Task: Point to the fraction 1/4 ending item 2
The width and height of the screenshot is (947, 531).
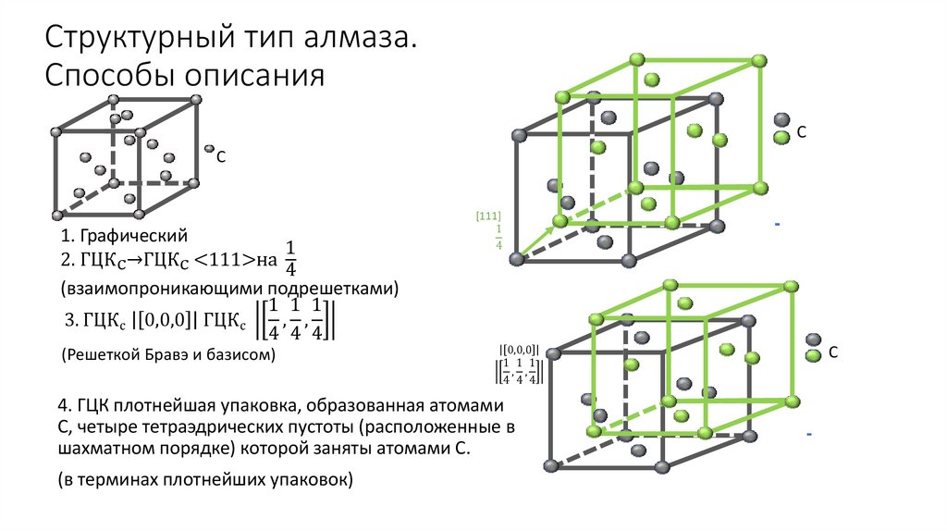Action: (x=290, y=260)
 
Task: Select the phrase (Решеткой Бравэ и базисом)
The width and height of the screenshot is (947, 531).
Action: (x=169, y=355)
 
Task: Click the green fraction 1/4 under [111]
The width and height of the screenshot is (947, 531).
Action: (x=498, y=237)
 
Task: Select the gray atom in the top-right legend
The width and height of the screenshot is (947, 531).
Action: (x=781, y=120)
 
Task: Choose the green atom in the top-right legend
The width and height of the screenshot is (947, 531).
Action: (x=781, y=138)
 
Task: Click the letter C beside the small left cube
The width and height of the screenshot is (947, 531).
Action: (x=221, y=158)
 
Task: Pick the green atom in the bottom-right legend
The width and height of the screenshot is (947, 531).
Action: (x=813, y=356)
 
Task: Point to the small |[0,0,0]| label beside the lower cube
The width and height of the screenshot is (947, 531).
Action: (x=518, y=350)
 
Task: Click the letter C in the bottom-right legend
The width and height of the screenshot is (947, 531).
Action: (x=833, y=352)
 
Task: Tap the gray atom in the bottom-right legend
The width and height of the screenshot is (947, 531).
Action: (x=813, y=340)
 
